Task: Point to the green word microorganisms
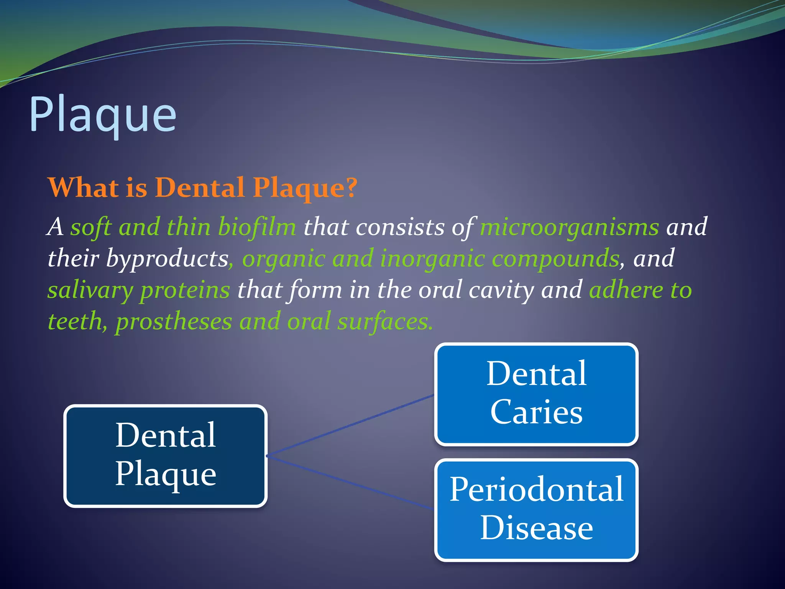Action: pyautogui.click(x=569, y=227)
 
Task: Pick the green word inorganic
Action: pyautogui.click(x=432, y=258)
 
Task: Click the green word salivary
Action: pyautogui.click(x=90, y=290)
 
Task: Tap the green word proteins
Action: pyautogui.click(x=185, y=290)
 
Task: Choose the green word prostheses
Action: pyautogui.click(x=174, y=321)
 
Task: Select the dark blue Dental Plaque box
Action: pyautogui.click(x=165, y=456)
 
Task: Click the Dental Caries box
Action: pyautogui.click(x=536, y=394)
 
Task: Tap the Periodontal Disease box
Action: pyautogui.click(x=536, y=509)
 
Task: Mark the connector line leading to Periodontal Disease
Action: pyautogui.click(x=350, y=482)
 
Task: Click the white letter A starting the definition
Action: pyautogui.click(x=56, y=227)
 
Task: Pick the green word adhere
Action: pyautogui.click(x=626, y=290)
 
